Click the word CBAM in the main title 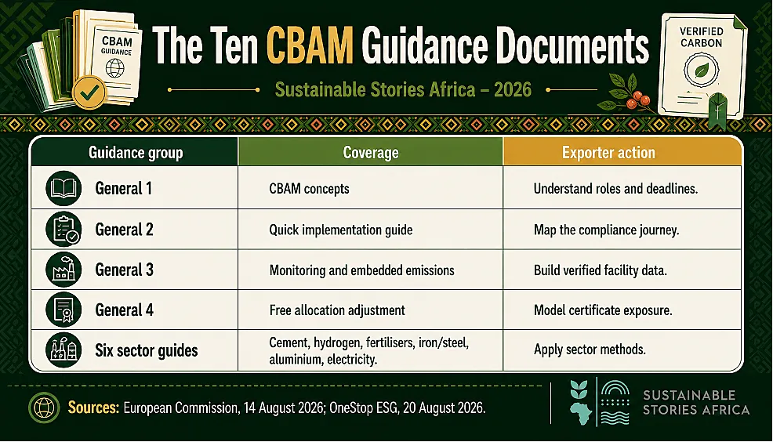pos(310,45)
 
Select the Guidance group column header pos(136,153)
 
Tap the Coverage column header pos(371,153)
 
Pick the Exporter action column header pos(608,153)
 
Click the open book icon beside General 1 pos(64,188)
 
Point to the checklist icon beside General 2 pos(64,229)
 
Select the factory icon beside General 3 pos(64,270)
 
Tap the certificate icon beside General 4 pos(64,310)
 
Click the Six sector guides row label pos(147,350)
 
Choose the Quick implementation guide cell pos(341,230)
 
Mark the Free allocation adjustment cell pos(337,310)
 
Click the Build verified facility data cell pos(600,270)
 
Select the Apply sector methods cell pos(590,350)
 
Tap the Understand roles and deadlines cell pos(615,189)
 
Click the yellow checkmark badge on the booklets pos(89,92)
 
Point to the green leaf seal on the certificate pos(701,70)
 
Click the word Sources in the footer pos(93,408)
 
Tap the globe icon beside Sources pos(44,408)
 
